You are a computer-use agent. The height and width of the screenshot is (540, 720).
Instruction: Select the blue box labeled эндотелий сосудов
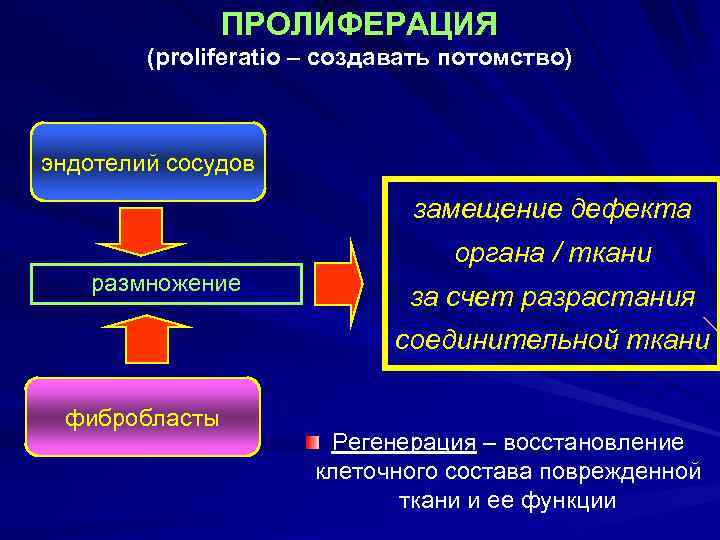pos(148,163)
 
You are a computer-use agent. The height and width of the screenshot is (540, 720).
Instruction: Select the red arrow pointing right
pos(340,283)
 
